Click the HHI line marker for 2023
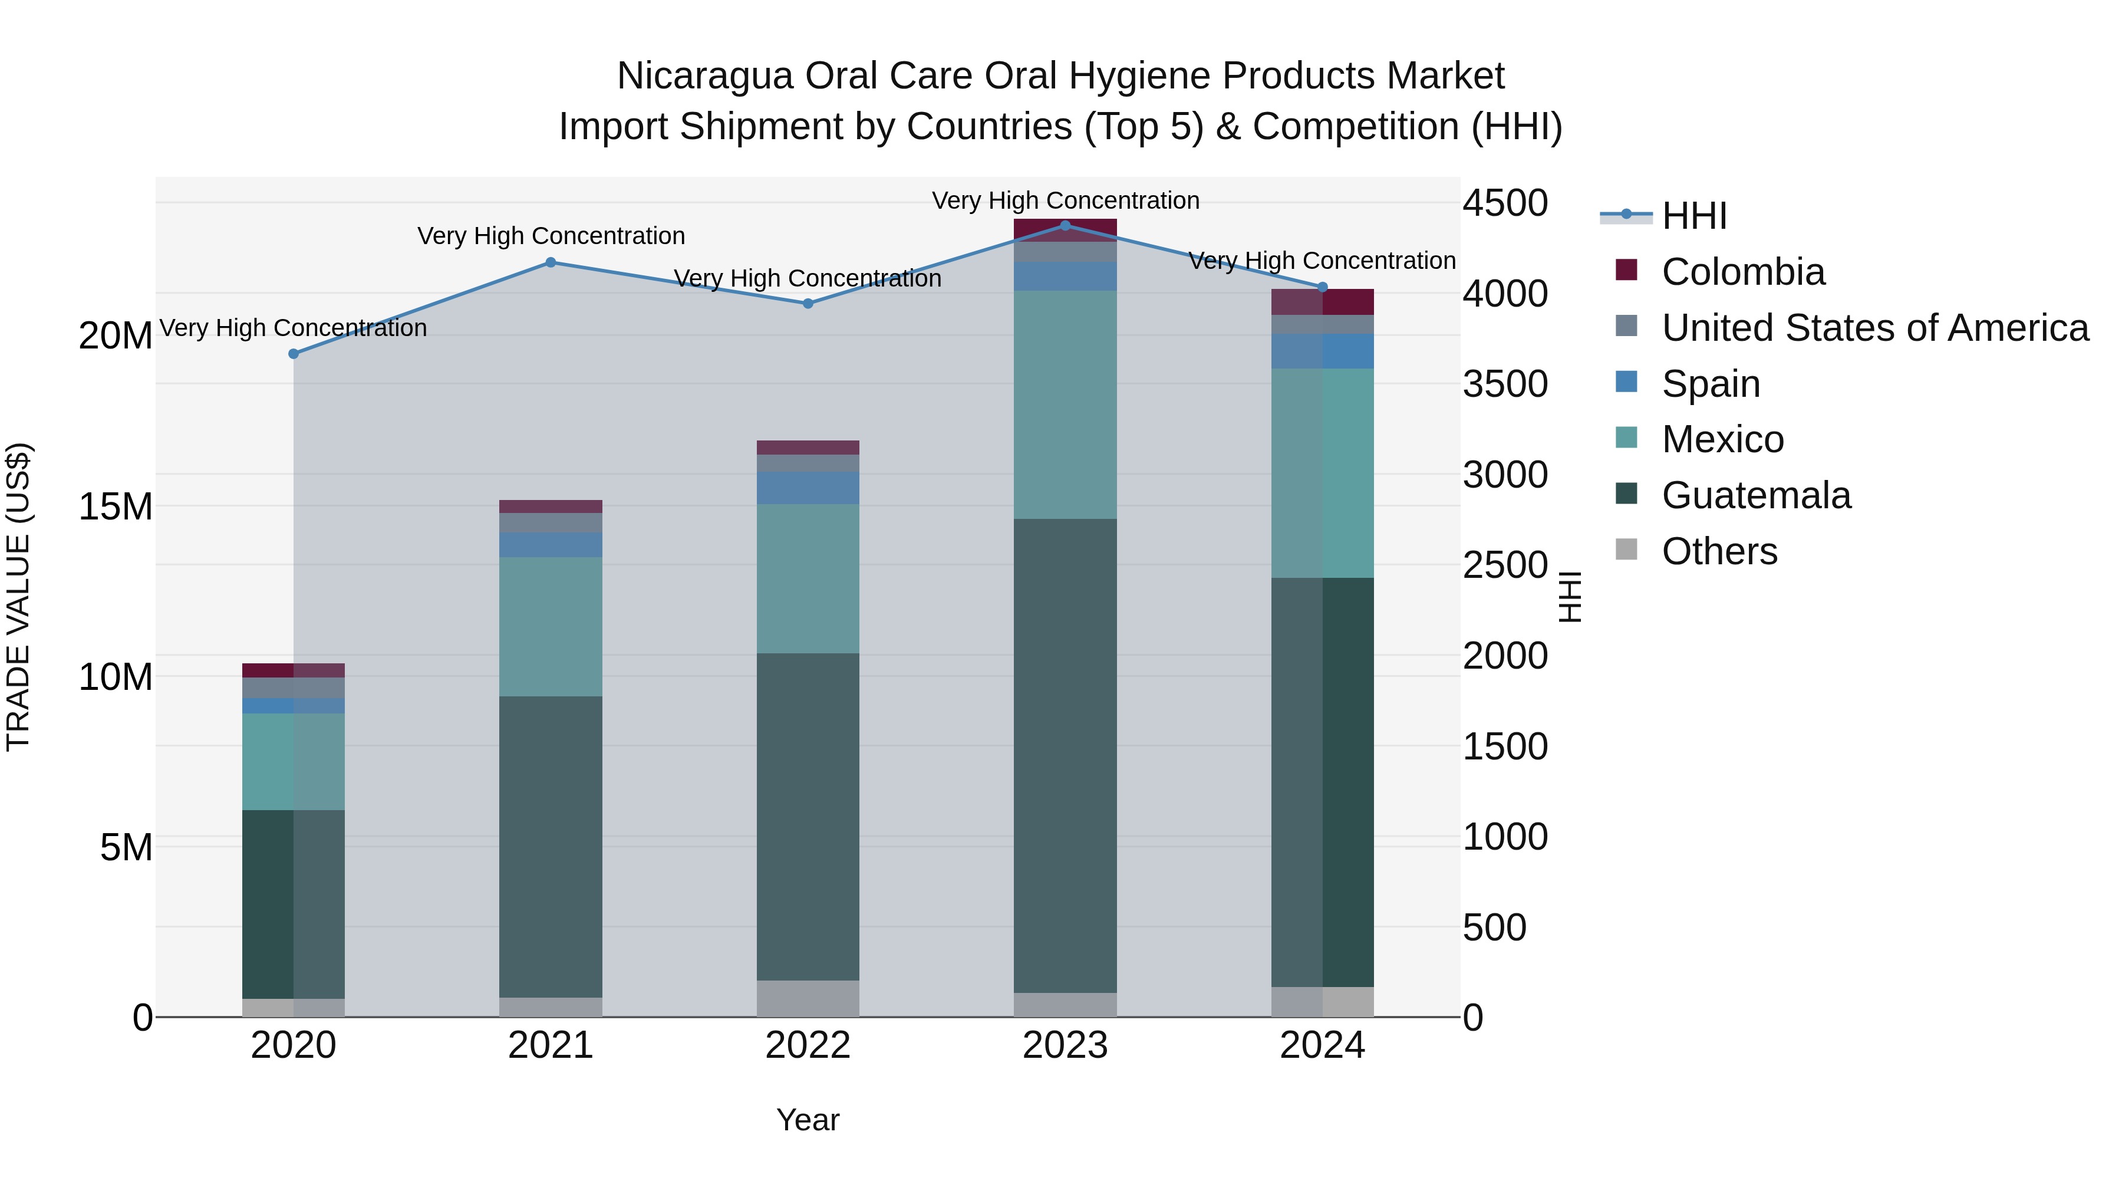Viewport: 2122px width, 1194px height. tap(1065, 225)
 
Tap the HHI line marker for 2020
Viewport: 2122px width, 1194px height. tap(294, 354)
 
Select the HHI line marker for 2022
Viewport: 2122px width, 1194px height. tap(808, 303)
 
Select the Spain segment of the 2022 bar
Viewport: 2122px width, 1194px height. tap(808, 488)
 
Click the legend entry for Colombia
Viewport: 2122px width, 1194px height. tap(1742, 272)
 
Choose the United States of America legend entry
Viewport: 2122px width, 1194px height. tap(1874, 328)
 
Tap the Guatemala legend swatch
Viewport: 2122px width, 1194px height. tap(1626, 495)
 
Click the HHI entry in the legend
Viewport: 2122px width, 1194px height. tap(1693, 216)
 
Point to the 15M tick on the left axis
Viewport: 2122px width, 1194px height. tap(116, 506)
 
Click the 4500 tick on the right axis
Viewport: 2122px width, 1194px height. tap(1505, 203)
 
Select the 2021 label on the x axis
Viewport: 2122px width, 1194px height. tap(551, 1045)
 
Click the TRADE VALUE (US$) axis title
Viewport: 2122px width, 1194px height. tap(18, 597)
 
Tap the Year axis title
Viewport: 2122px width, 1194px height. tap(808, 1120)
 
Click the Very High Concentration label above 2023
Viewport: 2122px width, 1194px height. tap(1065, 200)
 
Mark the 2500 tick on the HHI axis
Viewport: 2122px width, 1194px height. tap(1505, 565)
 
